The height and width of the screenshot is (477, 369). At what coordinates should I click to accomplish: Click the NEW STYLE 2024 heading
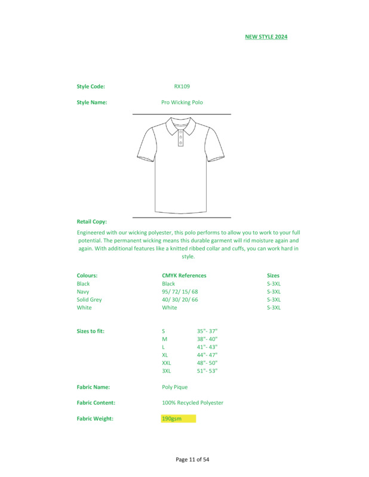[266, 37]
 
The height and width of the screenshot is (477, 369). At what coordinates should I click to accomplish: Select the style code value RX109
[182, 86]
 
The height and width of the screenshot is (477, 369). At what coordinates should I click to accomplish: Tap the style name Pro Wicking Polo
[182, 103]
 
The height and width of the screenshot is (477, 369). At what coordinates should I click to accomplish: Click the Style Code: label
[91, 86]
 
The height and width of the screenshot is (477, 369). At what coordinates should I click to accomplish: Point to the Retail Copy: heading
[92, 222]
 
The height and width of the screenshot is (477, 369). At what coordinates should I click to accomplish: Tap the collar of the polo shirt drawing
[181, 125]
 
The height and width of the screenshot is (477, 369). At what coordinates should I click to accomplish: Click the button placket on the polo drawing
[181, 138]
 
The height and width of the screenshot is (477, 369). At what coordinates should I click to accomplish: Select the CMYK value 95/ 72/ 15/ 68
[180, 292]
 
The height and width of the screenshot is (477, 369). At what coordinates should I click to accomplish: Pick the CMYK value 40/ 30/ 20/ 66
[180, 300]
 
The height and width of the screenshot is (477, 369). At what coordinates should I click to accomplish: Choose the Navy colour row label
[83, 292]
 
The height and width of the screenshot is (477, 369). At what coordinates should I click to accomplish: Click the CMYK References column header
[184, 276]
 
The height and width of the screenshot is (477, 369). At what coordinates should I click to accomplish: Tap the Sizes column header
[273, 276]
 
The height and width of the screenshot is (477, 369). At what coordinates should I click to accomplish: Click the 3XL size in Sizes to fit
[167, 371]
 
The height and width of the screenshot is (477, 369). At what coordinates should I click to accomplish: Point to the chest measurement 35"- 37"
[207, 331]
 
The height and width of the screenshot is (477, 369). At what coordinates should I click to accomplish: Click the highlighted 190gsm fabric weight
[172, 419]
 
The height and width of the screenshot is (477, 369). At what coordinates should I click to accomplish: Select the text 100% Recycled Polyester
[192, 403]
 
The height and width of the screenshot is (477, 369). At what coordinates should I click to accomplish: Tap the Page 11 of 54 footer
[192, 460]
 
